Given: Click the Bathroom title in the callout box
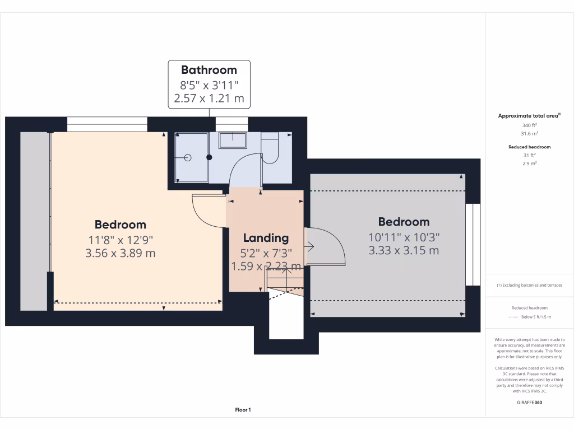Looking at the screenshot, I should coord(209,70).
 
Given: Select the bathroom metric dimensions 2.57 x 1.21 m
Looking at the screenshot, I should coord(209,99).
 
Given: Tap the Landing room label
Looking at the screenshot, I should coord(266,238).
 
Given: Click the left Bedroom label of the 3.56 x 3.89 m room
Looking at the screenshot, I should coord(120,225).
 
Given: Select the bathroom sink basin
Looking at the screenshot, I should coord(232,140).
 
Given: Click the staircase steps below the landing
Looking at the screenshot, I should coord(284,281).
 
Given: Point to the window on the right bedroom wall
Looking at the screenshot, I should coord(473,244).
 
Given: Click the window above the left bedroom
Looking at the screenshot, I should coord(107,124).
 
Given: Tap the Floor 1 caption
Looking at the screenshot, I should coord(243,410).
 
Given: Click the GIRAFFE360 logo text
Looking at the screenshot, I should coord(530,402).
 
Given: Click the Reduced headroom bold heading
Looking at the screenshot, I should coord(530,147).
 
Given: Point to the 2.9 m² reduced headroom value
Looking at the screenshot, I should coord(530,163).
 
